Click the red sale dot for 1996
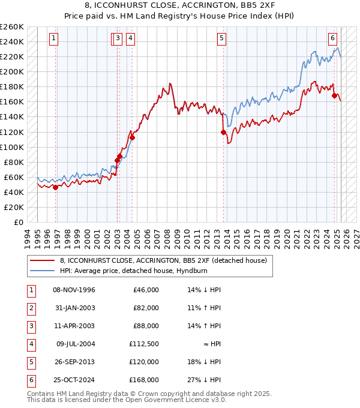click(55, 187)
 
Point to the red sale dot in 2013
click(223, 132)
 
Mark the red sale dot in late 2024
click(334, 95)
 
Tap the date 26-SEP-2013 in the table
click(74, 362)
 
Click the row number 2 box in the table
click(31, 308)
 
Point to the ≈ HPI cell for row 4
click(211, 344)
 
